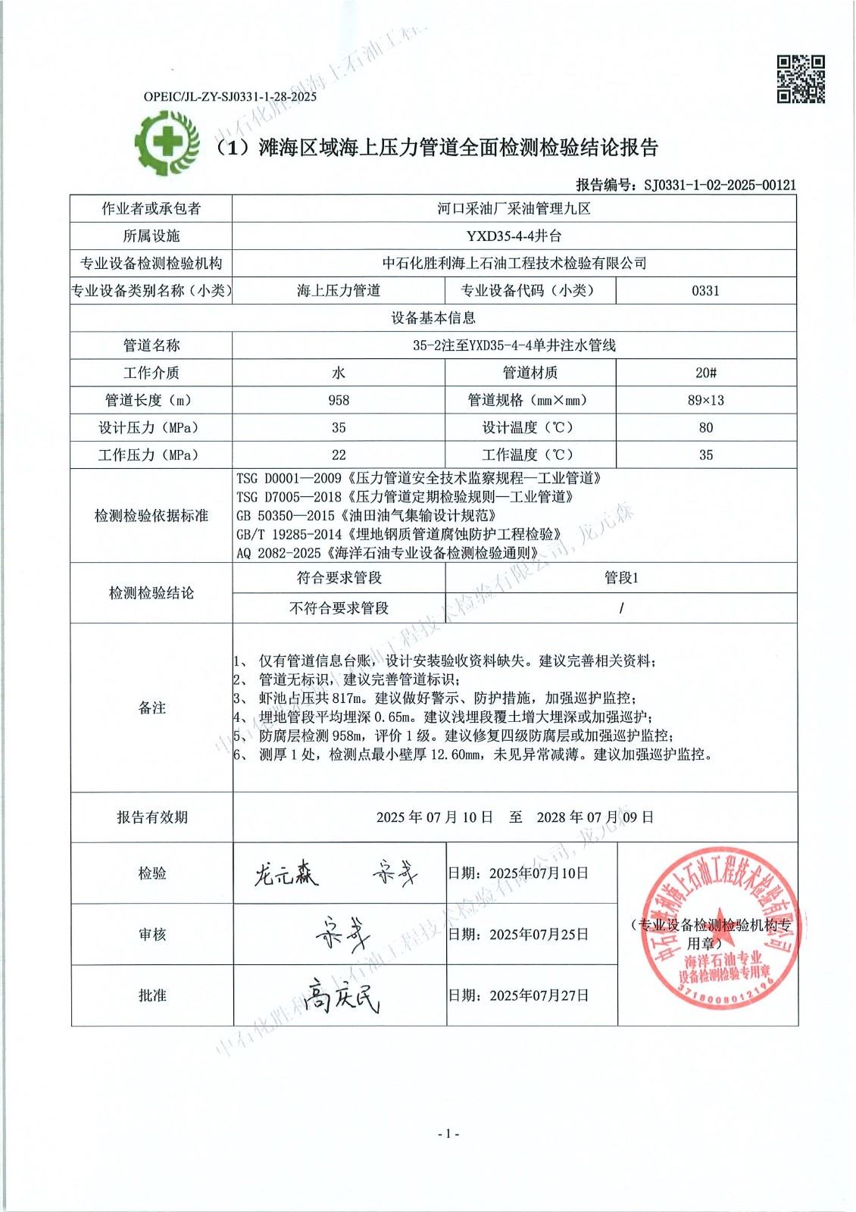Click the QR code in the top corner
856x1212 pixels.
[x=801, y=79]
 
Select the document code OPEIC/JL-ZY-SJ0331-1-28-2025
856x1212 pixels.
[x=230, y=96]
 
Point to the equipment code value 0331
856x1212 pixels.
[x=705, y=290]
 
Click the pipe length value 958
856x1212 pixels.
[x=339, y=400]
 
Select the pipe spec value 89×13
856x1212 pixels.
[x=705, y=400]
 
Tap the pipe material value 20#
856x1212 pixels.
[x=705, y=373]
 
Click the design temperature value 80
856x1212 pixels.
[x=705, y=427]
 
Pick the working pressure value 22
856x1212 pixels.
[x=339, y=454]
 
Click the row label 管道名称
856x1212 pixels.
[x=152, y=345]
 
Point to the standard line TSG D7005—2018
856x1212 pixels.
[x=405, y=497]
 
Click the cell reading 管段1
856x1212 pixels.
[x=621, y=578]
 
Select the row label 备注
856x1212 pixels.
[x=152, y=708]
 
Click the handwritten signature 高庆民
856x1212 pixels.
[x=340, y=994]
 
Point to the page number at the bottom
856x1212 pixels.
[x=448, y=1134]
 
